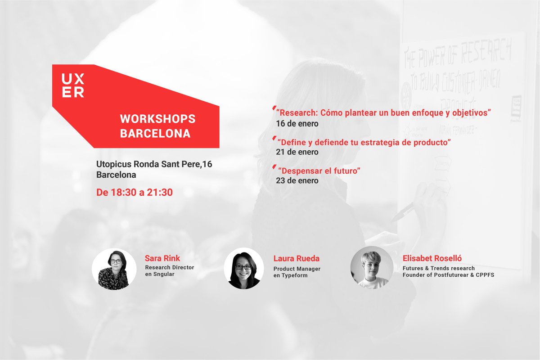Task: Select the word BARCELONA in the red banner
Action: point(155,134)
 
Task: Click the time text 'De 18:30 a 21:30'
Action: point(135,193)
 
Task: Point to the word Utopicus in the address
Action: point(112,164)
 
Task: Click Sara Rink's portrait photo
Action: point(114,269)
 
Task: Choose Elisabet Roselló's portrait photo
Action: point(372,268)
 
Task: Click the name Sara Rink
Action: point(162,258)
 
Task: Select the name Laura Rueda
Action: point(297,258)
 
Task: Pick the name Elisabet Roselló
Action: point(432,258)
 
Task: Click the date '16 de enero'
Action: point(297,123)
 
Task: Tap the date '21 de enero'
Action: point(297,152)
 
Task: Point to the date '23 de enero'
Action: point(297,181)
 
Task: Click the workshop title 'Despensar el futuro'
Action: point(319,171)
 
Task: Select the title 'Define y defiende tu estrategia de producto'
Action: point(364,143)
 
